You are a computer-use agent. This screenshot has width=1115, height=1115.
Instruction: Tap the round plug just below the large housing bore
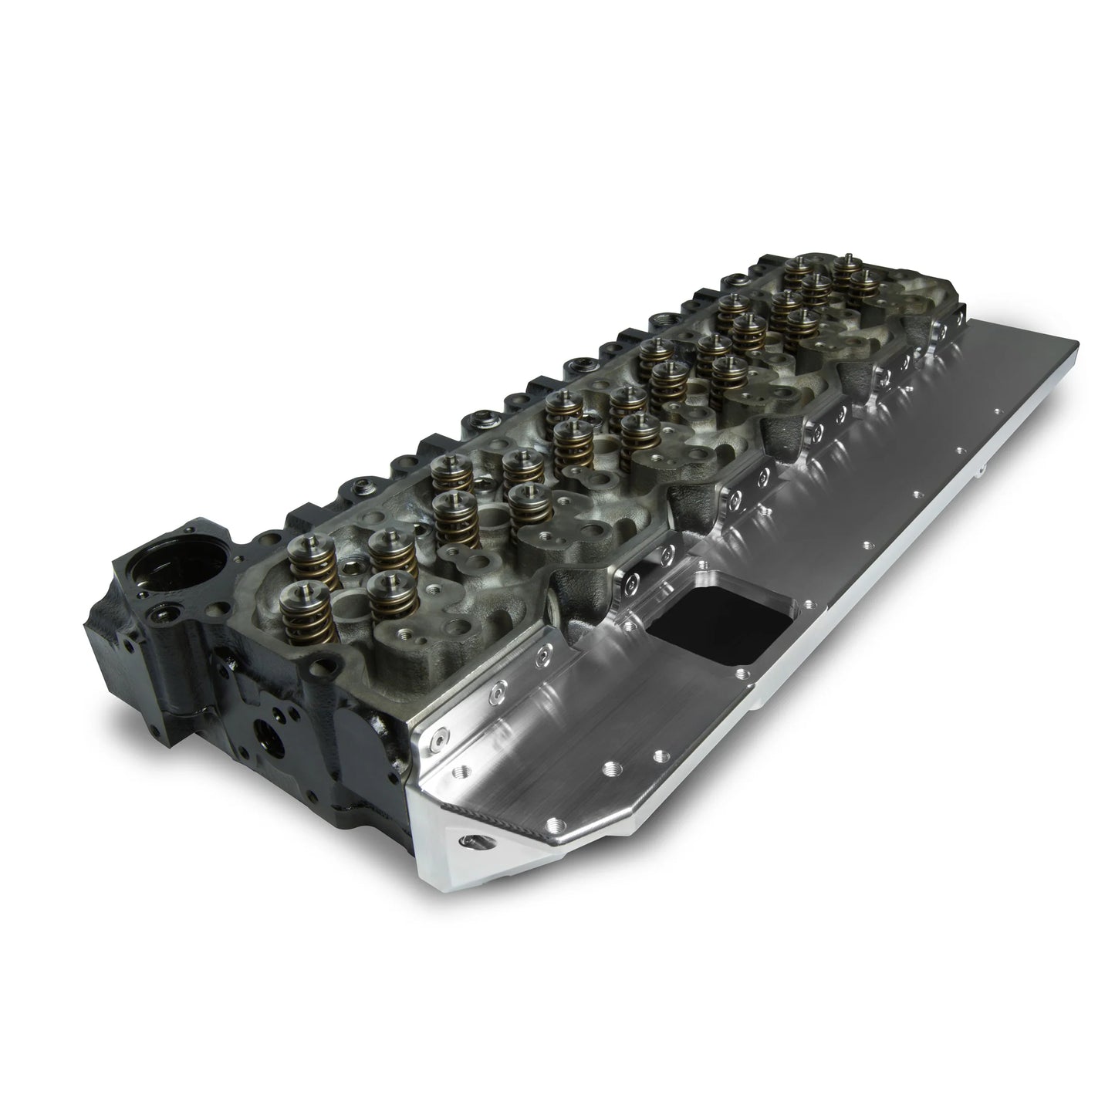pyautogui.click(x=163, y=613)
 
